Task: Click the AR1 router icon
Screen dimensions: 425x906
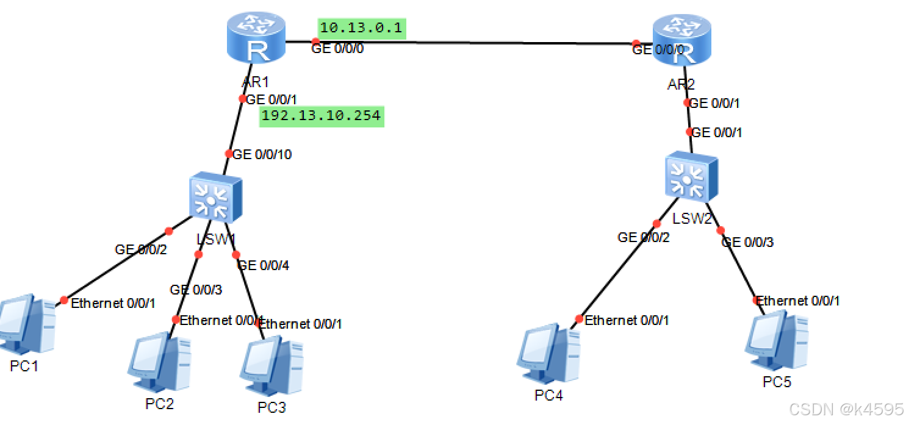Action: point(256,39)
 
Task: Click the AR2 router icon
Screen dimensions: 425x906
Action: point(681,41)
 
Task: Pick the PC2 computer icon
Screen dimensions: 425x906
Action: point(159,362)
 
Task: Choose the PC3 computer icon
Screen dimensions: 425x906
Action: point(273,366)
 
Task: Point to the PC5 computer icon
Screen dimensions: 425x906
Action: point(777,341)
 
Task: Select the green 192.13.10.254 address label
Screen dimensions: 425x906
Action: point(322,116)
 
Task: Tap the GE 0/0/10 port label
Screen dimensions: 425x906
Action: point(262,155)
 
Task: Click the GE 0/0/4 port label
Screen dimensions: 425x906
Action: point(263,266)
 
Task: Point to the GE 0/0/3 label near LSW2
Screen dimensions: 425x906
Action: point(747,242)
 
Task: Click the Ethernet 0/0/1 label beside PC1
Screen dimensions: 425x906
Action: point(113,303)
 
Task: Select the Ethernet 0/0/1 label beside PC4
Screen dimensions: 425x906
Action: point(627,320)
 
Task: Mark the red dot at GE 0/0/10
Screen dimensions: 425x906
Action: point(229,154)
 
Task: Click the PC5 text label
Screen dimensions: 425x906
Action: point(777,382)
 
